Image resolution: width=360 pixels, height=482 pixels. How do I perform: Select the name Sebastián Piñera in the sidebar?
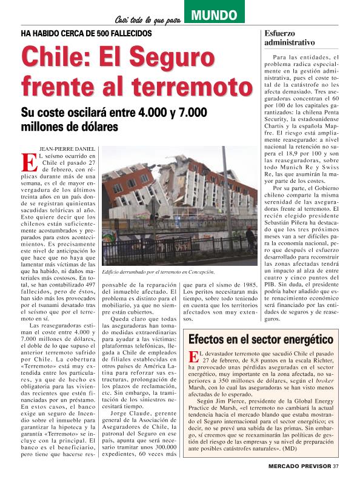coord(287,223)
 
